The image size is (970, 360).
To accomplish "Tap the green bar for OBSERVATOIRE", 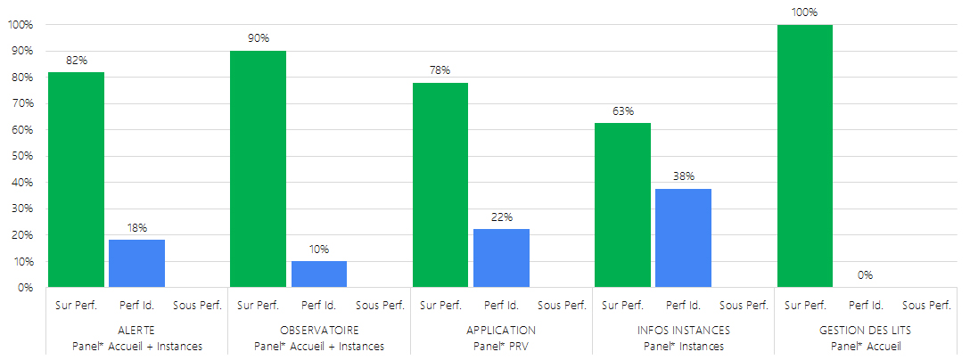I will click(258, 169).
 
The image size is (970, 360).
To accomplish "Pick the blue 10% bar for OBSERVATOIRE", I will click(318, 274).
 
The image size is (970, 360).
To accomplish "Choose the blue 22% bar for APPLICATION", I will click(501, 258).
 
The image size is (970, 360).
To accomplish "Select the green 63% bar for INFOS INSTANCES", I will click(622, 205).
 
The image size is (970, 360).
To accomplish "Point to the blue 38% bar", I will click(683, 238).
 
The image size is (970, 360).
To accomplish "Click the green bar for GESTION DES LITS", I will click(804, 156).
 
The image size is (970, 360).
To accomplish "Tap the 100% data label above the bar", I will click(804, 12).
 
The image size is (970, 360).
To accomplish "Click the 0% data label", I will click(865, 275).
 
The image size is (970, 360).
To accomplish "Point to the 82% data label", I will click(76, 61).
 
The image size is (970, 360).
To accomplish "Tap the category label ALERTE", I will click(136, 331).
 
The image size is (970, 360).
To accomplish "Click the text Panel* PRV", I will click(501, 346).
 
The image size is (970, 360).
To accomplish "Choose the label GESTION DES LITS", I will click(865, 331).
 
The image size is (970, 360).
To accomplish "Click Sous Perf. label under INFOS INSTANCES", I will click(744, 306).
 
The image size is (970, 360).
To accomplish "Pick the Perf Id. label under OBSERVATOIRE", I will click(318, 306).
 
